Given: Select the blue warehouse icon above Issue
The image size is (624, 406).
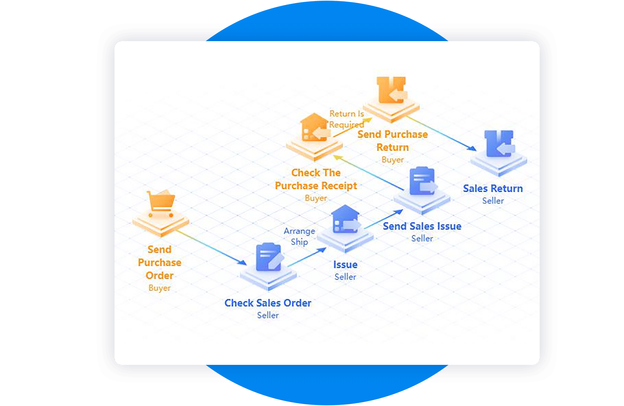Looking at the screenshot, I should pyautogui.click(x=346, y=219).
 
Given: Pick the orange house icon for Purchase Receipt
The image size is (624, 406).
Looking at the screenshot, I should pyautogui.click(x=314, y=128).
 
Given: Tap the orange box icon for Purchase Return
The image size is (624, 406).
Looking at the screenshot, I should pyautogui.click(x=391, y=90).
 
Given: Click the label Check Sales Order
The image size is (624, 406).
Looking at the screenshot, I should pyautogui.click(x=268, y=303).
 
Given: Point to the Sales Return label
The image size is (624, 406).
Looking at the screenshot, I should pyautogui.click(x=493, y=189).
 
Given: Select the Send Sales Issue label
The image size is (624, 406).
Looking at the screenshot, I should pyautogui.click(x=422, y=226).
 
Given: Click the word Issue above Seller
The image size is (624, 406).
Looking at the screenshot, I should pyautogui.click(x=345, y=265).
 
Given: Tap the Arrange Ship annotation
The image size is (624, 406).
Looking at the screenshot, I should pyautogui.click(x=299, y=237).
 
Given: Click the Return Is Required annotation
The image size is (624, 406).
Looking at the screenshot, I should pyautogui.click(x=347, y=119).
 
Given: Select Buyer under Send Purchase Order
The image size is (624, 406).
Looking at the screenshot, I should pyautogui.click(x=159, y=288).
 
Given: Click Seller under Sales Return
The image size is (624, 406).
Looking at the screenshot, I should pyautogui.click(x=493, y=201).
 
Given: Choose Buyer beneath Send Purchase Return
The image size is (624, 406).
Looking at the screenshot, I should pyautogui.click(x=393, y=160).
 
